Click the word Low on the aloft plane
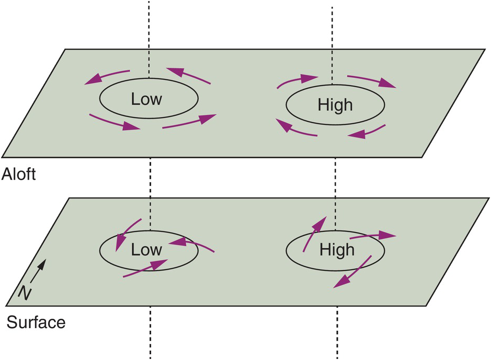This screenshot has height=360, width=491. click(146, 99)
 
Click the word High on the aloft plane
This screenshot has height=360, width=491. click(335, 105)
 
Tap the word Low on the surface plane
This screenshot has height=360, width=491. click(146, 250)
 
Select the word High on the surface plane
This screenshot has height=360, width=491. click(337, 250)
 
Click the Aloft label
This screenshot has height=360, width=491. click(18, 174)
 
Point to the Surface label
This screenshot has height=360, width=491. click(36, 322)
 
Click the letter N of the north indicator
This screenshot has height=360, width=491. click(25, 293)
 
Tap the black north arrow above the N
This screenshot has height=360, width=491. click(39, 271)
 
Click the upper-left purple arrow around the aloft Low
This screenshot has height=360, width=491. click(107, 76)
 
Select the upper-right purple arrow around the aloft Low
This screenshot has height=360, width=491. click(188, 75)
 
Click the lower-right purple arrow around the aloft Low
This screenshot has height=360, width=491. click(189, 121)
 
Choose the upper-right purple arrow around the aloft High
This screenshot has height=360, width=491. click(372, 81)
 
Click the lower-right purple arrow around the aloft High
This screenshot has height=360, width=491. click(367, 132)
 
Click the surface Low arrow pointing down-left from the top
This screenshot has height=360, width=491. click(128, 234)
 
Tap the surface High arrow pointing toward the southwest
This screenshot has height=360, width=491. click(352, 272)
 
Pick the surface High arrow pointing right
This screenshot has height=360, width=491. click(373, 236)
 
